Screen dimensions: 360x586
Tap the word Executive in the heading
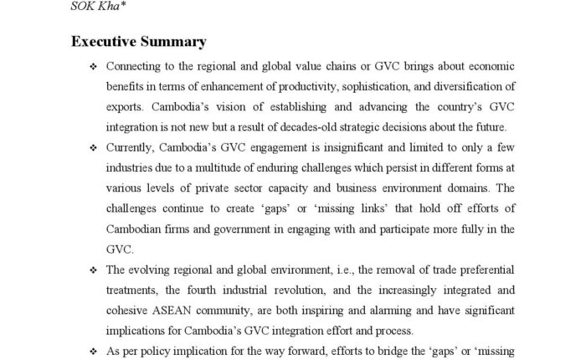[106, 40]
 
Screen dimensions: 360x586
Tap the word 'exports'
[124, 106]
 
